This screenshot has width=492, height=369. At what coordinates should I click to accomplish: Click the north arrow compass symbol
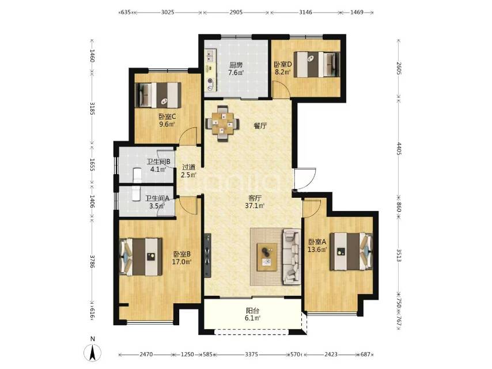93,352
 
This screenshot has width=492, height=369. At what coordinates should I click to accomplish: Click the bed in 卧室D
319,65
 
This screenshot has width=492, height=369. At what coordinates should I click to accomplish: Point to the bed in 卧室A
351,251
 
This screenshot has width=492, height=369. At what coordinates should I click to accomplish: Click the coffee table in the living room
267,257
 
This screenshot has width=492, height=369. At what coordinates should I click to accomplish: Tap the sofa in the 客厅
292,257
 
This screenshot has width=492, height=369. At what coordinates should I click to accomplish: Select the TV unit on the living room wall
208,255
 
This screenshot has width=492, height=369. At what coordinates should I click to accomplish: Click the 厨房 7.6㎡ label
236,69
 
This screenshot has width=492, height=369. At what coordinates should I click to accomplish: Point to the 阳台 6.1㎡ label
253,314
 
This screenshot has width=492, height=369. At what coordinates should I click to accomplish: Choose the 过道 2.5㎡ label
188,171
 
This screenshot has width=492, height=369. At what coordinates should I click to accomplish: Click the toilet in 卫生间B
137,175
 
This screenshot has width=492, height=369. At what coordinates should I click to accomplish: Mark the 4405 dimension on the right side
399,149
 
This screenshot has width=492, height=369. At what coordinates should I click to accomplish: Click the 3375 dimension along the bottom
251,354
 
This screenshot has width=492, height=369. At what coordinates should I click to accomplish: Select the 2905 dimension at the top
236,12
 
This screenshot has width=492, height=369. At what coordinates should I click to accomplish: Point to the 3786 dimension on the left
92,261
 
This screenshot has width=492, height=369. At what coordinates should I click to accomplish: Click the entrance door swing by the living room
305,179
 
